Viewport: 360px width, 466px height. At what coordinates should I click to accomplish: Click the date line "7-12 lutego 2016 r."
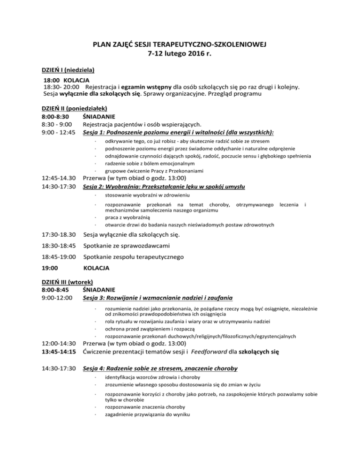tap(180, 55)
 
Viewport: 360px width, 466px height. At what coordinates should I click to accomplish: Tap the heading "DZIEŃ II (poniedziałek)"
tap(75, 107)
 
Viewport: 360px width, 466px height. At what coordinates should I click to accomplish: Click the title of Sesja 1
tap(178, 133)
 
